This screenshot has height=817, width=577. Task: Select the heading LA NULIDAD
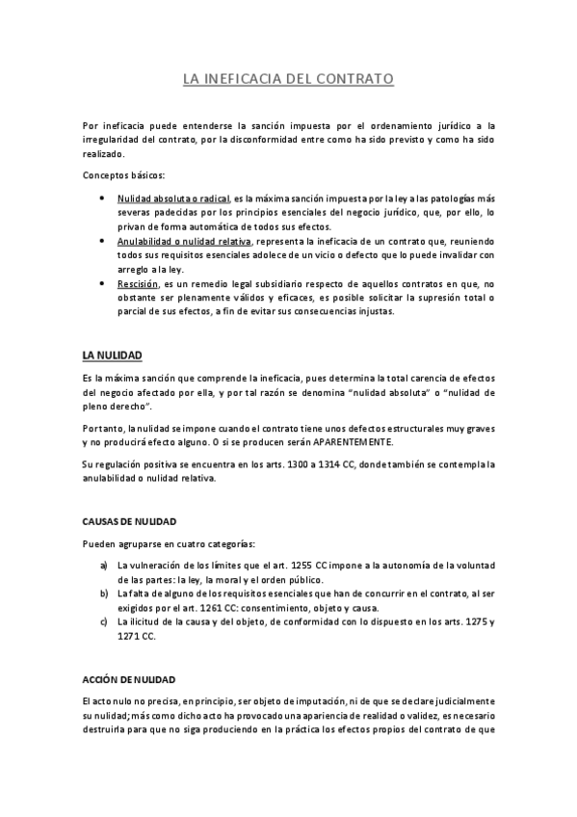point(113,356)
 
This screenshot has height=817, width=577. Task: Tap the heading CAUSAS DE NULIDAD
point(128,521)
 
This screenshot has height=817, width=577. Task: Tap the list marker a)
point(104,565)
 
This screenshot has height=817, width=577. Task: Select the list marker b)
point(104,593)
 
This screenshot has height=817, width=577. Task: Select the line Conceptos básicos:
point(124,175)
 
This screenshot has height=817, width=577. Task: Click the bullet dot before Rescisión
point(103,284)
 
